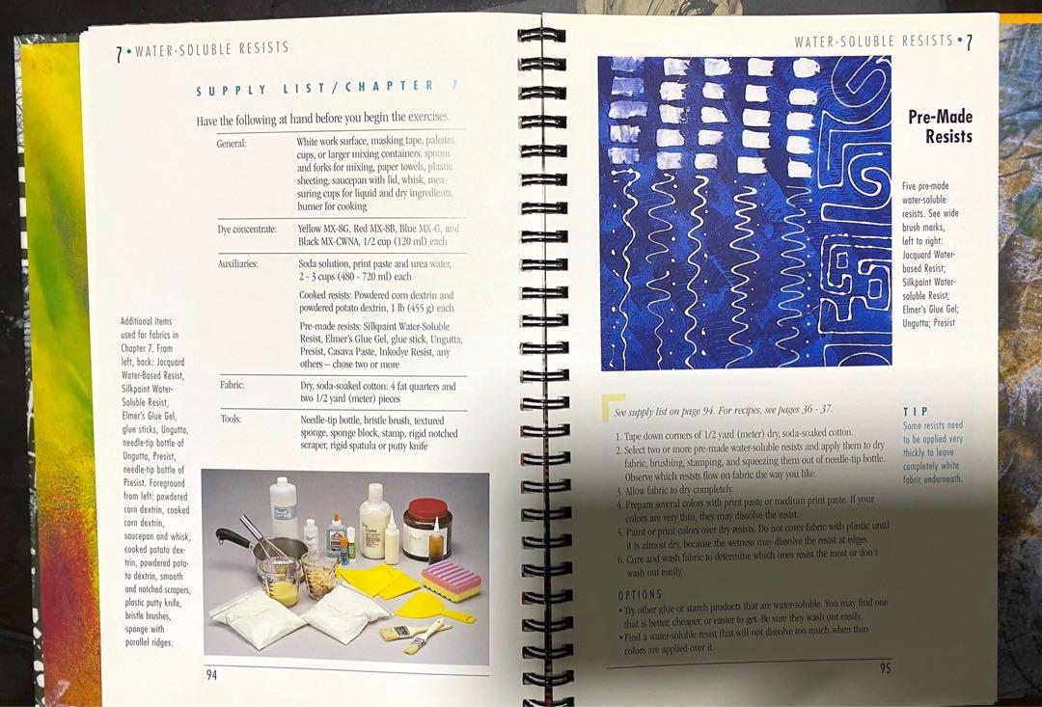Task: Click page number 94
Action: pos(211,674)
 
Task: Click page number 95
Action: pos(885,667)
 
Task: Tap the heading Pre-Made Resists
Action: pos(939,126)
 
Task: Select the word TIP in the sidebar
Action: pos(915,410)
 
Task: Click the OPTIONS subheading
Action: pos(639,594)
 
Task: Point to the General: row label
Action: pos(232,143)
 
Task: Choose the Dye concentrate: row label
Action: pos(247,229)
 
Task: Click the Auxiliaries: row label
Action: pos(237,262)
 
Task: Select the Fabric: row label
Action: pos(232,385)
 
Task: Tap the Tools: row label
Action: pos(231,419)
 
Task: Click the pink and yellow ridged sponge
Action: pos(451,580)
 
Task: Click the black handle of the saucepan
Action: pos(232,536)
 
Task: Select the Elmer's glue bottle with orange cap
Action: pos(335,535)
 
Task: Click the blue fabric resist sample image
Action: pos(744,213)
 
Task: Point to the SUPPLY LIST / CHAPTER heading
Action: pos(315,89)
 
